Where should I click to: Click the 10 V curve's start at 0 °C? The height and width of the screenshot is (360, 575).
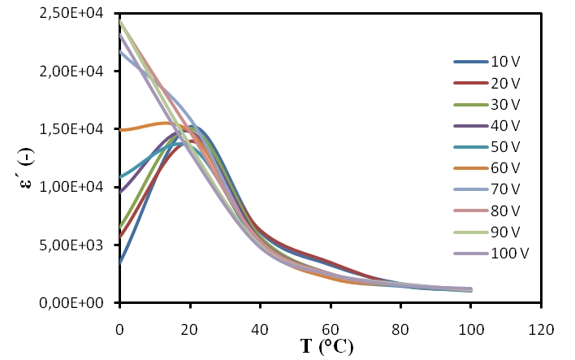[x=119, y=262]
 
